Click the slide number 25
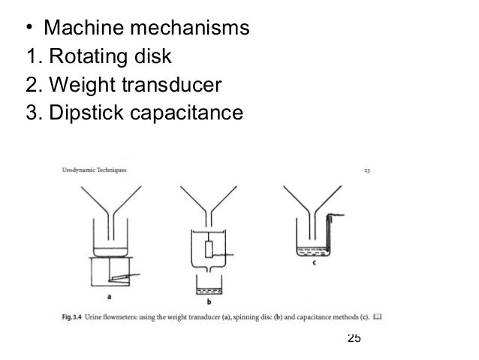pyautogui.click(x=354, y=337)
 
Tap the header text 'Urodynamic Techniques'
pyautogui.click(x=94, y=170)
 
